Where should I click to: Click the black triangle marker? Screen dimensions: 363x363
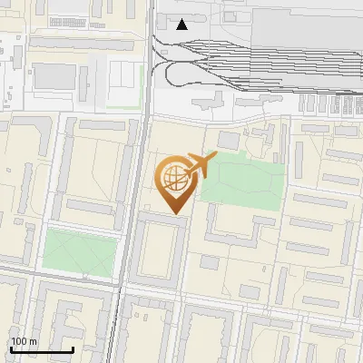pos(182,25)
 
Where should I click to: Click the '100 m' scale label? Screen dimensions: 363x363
pos(24,341)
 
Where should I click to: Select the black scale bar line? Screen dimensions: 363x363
pos(42,349)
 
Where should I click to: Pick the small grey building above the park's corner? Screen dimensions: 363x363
pos(228,141)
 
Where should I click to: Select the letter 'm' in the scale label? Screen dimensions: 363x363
pos(33,341)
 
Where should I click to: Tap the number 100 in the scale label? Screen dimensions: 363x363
pos(19,341)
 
